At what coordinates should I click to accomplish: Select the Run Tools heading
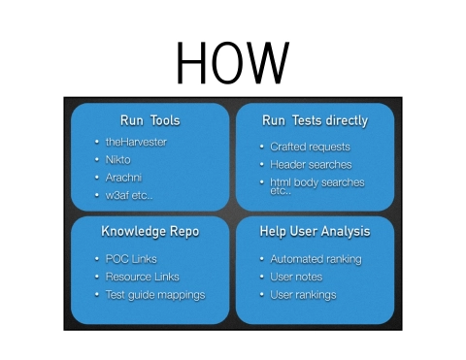tap(150, 121)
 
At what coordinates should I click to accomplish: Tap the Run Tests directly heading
tap(315, 121)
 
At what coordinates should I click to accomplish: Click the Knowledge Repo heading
tap(150, 232)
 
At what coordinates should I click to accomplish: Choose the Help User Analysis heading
tap(315, 232)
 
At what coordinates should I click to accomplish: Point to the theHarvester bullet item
tap(136, 142)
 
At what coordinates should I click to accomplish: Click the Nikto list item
tap(118, 159)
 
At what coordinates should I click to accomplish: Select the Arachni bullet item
tap(125, 178)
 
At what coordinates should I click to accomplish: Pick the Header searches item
tap(311, 164)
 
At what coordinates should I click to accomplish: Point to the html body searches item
tap(316, 182)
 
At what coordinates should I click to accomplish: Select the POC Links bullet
tap(131, 259)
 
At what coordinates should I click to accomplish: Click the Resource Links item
tap(142, 277)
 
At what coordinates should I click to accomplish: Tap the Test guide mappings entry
tap(155, 294)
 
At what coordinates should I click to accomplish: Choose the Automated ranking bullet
tap(316, 259)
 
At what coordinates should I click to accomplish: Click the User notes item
tap(297, 277)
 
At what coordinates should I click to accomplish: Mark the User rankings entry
tap(303, 294)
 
